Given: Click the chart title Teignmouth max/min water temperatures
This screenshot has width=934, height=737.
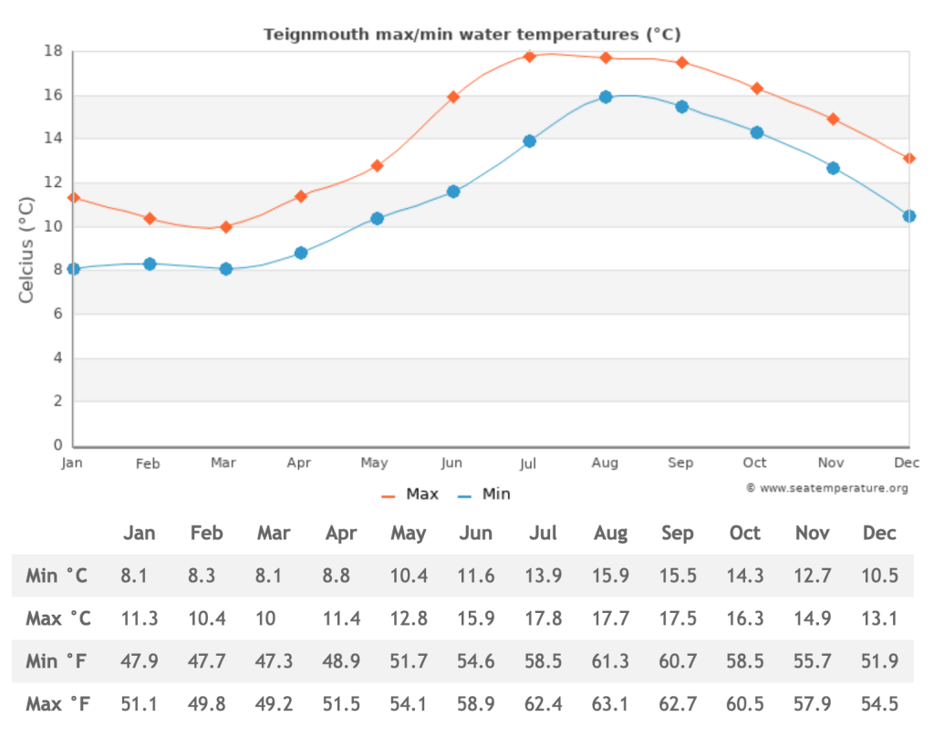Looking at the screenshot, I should point(472,35).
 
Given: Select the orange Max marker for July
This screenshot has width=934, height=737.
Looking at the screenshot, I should point(529,57).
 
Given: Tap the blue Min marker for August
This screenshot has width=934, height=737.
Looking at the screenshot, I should point(606,97).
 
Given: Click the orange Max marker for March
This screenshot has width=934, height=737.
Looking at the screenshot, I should point(226,226).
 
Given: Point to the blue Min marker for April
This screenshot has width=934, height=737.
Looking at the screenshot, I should point(301,253).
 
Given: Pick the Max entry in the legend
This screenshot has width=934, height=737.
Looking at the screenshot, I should point(410,494).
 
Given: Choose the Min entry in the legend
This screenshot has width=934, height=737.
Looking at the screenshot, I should point(484,494).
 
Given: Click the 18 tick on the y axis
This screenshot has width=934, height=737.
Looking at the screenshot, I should point(54,51).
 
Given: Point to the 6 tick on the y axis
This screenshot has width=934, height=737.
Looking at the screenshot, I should point(57,314).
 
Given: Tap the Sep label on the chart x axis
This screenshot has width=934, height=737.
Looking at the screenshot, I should point(680,463).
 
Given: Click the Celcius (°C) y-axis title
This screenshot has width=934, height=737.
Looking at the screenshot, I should point(27,248).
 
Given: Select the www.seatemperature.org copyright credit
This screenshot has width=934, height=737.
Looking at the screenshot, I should point(827,488).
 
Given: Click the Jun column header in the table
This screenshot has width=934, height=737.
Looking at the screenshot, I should point(476,534).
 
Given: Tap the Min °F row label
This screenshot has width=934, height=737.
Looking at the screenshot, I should point(57,661).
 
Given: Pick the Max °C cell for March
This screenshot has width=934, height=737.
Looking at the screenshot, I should point(266,618).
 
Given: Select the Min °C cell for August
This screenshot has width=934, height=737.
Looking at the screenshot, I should point(610,576).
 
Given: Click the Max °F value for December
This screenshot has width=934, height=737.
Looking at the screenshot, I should point(880,704).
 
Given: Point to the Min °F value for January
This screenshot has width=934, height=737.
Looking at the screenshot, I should point(140,661).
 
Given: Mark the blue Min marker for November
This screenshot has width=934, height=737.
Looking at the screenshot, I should point(833,168).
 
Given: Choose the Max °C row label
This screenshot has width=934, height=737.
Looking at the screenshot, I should point(58,618).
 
